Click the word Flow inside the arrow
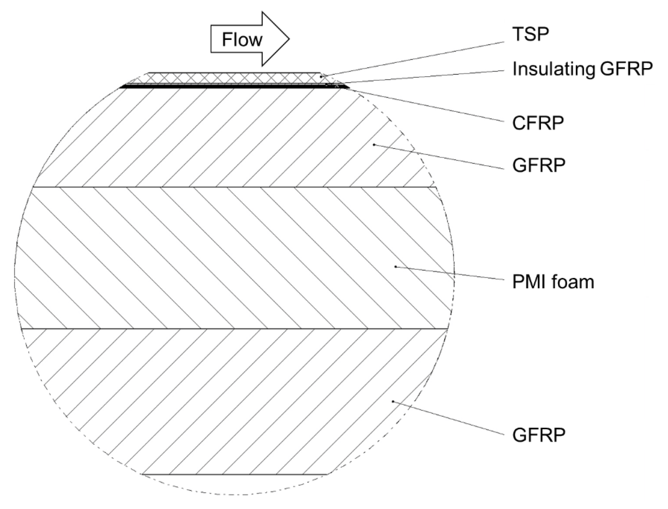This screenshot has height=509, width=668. point(242,40)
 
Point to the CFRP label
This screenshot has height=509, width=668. point(538,123)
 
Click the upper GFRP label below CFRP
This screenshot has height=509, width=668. point(539,165)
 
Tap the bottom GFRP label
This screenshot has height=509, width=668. point(539,436)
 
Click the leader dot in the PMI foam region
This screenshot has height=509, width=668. point(395,267)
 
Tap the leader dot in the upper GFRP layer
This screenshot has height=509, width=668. point(374,145)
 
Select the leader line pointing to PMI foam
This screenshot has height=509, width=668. point(449,273)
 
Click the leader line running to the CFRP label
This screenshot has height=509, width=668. point(424,104)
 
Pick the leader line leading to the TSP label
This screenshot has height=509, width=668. point(412,59)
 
